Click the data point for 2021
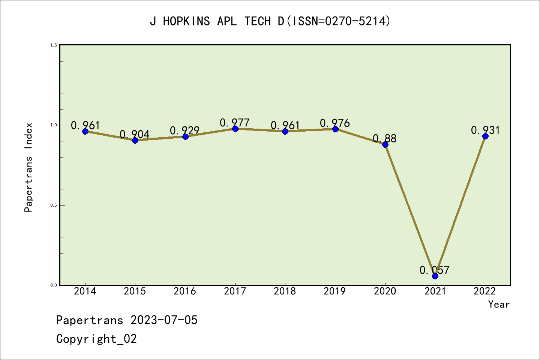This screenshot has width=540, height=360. pyautogui.click(x=435, y=276)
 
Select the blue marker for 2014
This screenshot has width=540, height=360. pyautogui.click(x=85, y=131)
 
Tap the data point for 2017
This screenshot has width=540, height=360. pyautogui.click(x=235, y=129)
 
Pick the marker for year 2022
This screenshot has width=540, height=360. pyautogui.click(x=485, y=136)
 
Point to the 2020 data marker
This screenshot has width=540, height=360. pyautogui.click(x=385, y=144)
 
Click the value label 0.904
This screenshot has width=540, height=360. pyautogui.click(x=135, y=134)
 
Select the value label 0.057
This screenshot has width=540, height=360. pyautogui.click(x=434, y=270)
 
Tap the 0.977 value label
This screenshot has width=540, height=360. pyautogui.click(x=234, y=123)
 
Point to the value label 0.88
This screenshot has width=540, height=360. pyautogui.click(x=384, y=138)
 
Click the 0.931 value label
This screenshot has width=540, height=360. pyautogui.click(x=485, y=130)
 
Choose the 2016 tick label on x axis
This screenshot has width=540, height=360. pyautogui.click(x=185, y=291)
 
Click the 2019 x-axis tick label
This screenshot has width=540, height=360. pyautogui.click(x=335, y=291)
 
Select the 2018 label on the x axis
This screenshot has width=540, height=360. pyautogui.click(x=285, y=291)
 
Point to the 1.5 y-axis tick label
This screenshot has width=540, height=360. pyautogui.click(x=54, y=45)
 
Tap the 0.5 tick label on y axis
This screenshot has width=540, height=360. pyautogui.click(x=54, y=205)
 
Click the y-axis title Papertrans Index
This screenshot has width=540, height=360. pyautogui.click(x=28, y=167)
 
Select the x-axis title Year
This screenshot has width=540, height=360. pyautogui.click(x=499, y=304)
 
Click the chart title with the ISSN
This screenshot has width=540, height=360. pyautogui.click(x=270, y=21)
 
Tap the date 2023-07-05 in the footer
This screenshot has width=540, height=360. pyautogui.click(x=164, y=320)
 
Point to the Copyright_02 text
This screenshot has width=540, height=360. pyautogui.click(x=96, y=339)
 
